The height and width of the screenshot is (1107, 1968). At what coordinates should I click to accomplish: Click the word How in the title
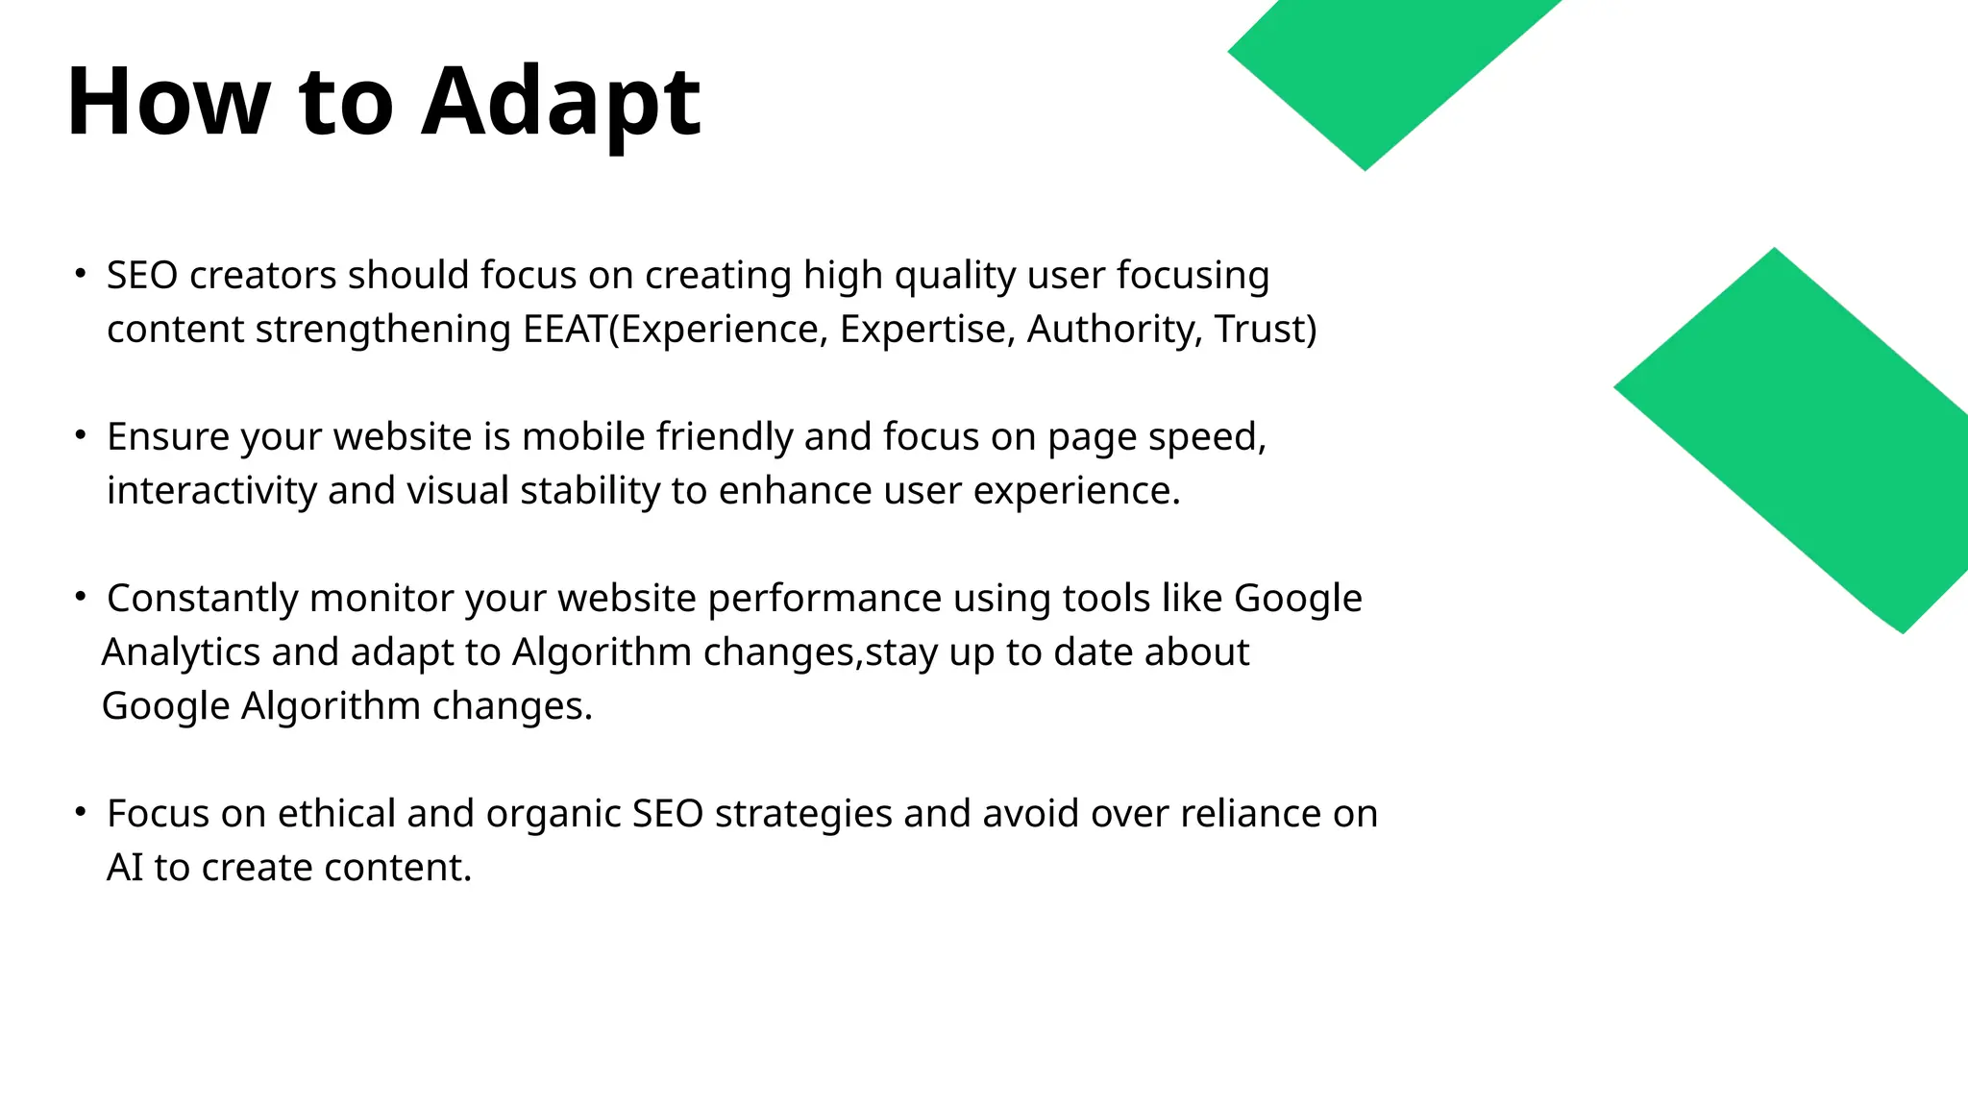pyautogui.click(x=168, y=102)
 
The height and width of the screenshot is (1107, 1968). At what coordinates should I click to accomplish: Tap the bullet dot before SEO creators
pyautogui.click(x=81, y=274)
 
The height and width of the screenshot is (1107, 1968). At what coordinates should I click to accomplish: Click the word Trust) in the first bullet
pyautogui.click(x=1265, y=330)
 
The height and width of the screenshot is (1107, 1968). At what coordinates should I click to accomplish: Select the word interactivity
pyautogui.click(x=211, y=491)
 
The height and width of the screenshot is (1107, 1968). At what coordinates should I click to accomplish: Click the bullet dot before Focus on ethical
pyautogui.click(x=81, y=812)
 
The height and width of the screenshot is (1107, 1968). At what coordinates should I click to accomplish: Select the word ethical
pyautogui.click(x=336, y=814)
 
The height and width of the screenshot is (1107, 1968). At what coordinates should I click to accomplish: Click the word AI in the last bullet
pyautogui.click(x=124, y=868)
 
